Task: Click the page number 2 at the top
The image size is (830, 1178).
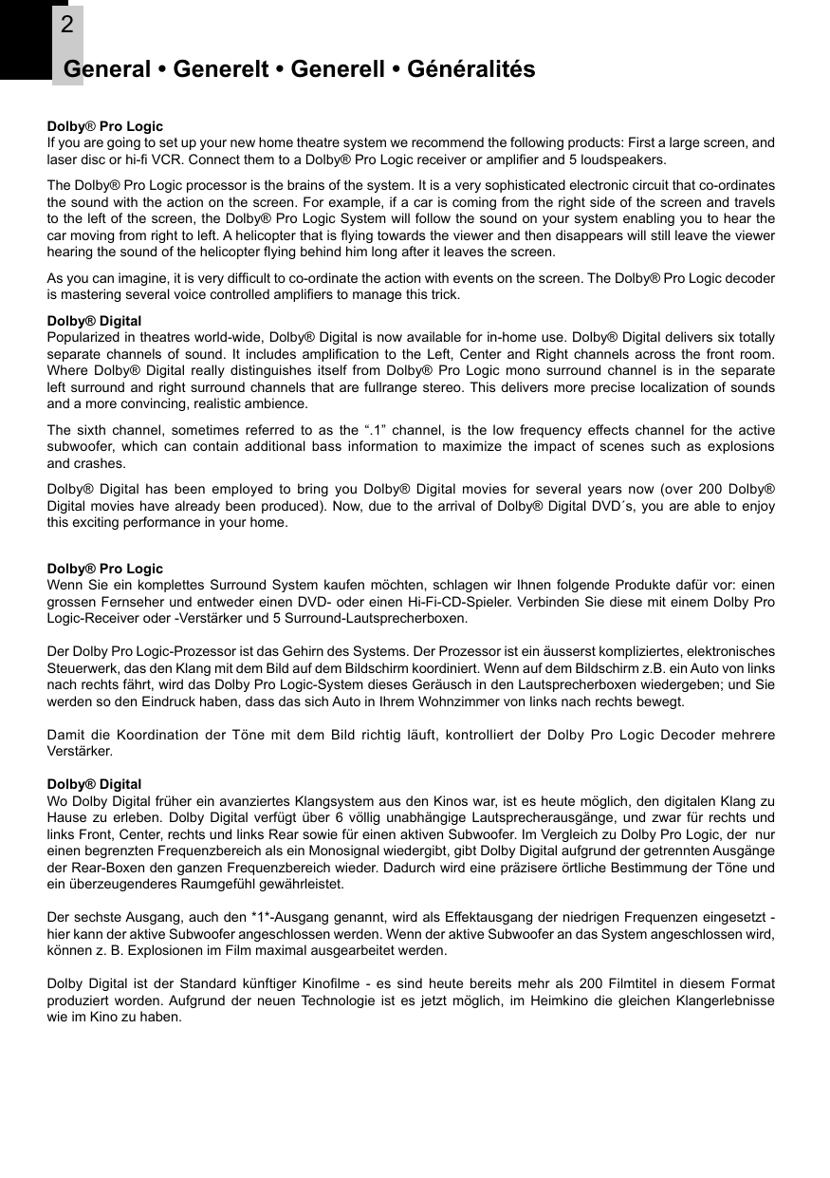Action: [66, 26]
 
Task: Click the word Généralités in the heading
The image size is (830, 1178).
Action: [470, 69]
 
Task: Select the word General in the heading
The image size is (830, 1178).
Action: [107, 69]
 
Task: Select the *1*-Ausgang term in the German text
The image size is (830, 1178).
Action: [293, 918]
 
